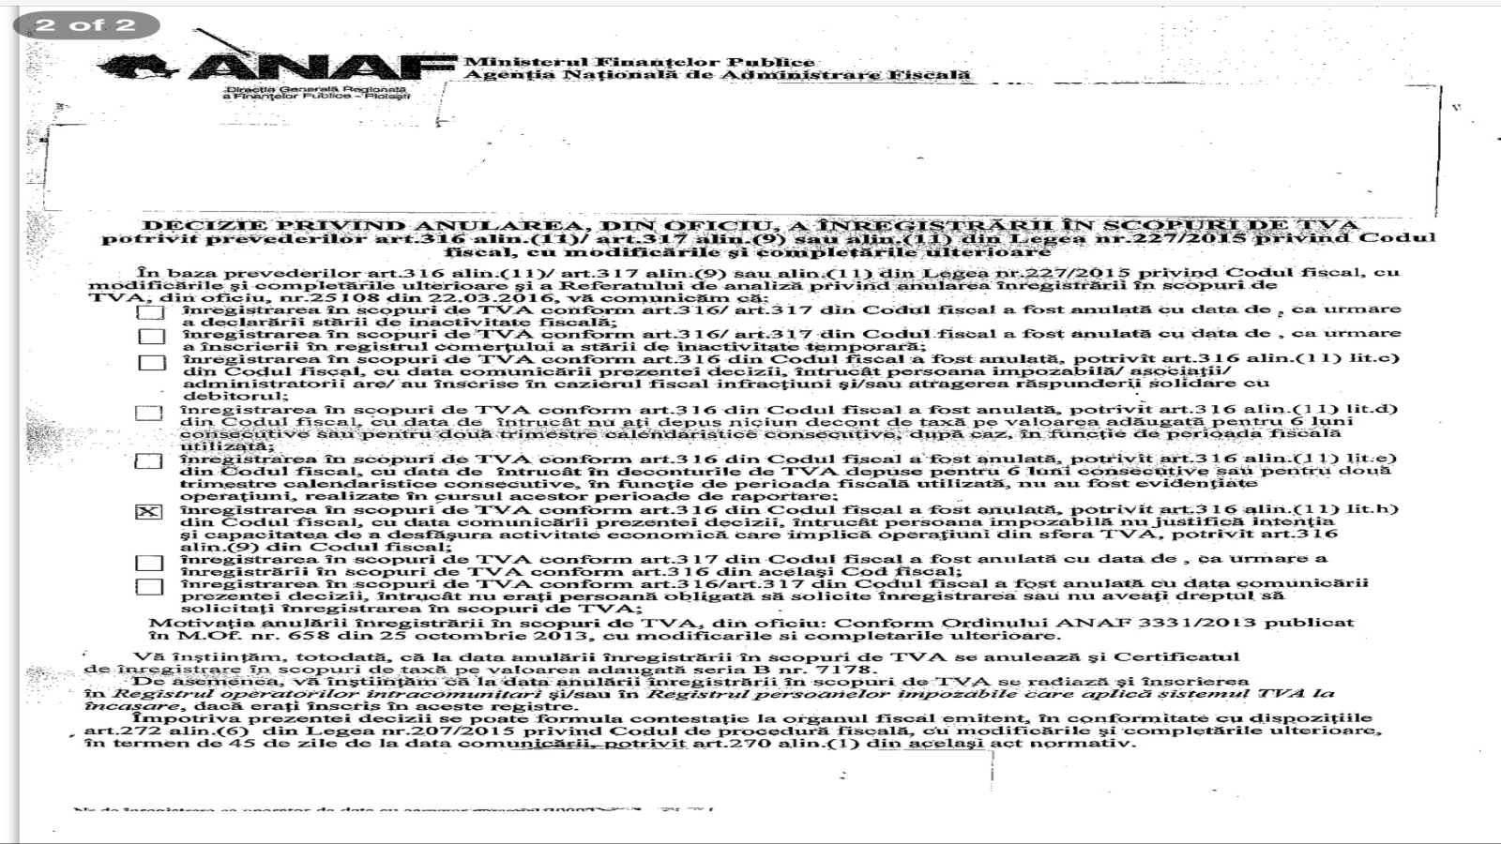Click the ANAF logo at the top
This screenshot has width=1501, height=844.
(x=281, y=68)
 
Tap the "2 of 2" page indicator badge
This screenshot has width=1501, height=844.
(x=85, y=24)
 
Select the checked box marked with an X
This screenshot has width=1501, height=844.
(x=149, y=512)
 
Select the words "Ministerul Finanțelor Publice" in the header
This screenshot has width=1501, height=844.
(x=640, y=62)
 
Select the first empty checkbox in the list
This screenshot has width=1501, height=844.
(x=150, y=312)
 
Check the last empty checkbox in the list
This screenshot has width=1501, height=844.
(x=149, y=587)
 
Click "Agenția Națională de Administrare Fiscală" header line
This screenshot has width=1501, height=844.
(x=718, y=75)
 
